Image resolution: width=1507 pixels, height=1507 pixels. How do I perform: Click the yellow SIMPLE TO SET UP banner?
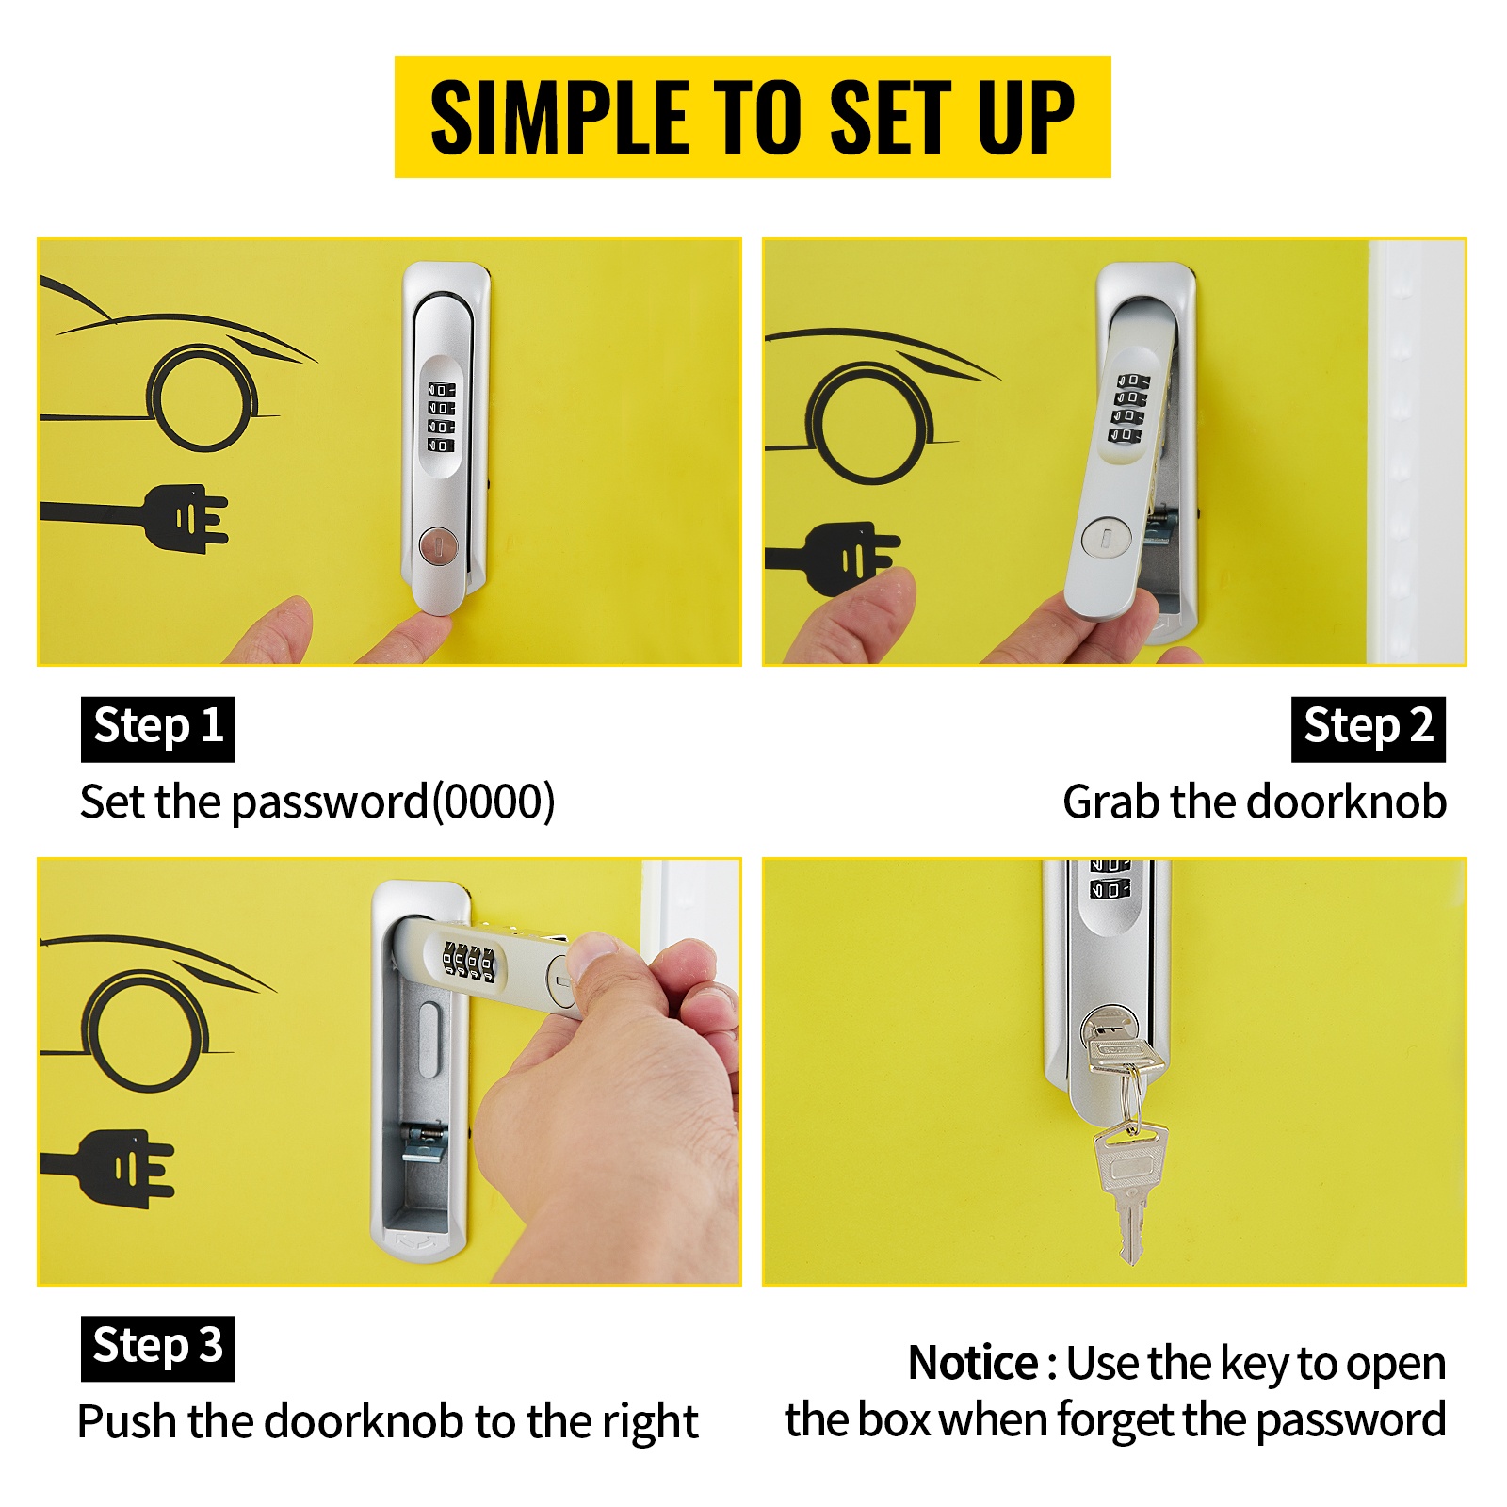tap(753, 117)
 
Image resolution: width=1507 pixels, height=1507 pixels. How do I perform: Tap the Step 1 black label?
tap(158, 728)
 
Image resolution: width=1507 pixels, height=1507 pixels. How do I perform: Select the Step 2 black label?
tap(1368, 728)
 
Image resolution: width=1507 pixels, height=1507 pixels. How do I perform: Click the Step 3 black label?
tap(158, 1348)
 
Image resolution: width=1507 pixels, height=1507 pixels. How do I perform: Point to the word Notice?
tap(972, 1363)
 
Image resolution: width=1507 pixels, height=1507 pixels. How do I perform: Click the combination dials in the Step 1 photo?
tap(441, 416)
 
